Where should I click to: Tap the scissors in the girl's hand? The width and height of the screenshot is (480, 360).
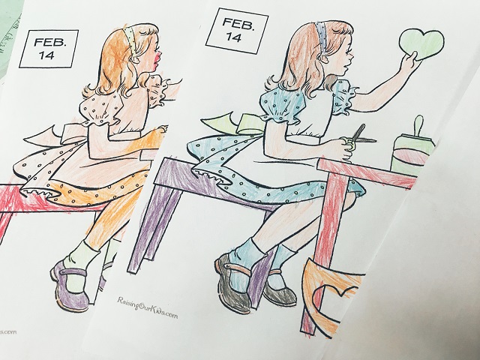click(361, 136)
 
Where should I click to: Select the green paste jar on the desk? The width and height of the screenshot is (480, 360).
click(412, 149)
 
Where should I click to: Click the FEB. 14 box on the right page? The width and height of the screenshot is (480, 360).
click(237, 31)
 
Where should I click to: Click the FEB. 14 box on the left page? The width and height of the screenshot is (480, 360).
click(49, 49)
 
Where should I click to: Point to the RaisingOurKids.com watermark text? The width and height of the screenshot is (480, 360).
click(148, 307)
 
